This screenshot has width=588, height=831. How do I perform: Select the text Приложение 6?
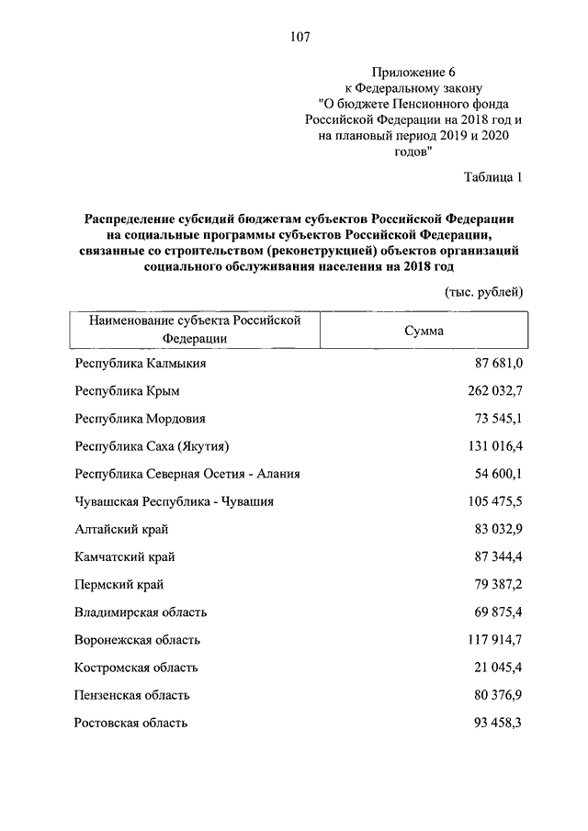pos(413,72)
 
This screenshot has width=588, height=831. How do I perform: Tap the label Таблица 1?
pos(493,177)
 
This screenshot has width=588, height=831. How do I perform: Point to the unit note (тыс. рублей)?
pos(484,292)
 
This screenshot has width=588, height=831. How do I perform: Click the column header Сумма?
pos(424,331)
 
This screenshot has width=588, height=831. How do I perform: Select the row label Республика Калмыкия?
pos(140,364)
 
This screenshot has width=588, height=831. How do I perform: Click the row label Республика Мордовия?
pos(138,419)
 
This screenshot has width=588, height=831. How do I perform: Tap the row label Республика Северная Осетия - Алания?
pos(187,474)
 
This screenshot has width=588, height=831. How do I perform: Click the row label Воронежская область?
pos(137,640)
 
